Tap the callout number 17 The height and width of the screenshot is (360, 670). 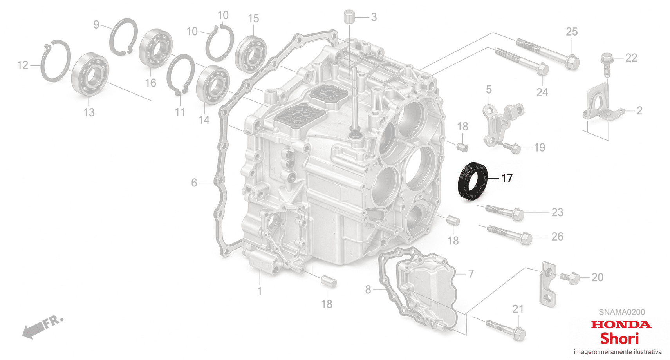point(507,178)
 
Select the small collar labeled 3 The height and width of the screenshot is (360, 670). point(349,16)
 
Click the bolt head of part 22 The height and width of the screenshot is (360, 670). point(607,58)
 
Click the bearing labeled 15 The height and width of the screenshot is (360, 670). point(251,54)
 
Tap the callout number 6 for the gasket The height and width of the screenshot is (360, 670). point(194,183)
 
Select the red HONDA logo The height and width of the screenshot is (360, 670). point(621,325)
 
